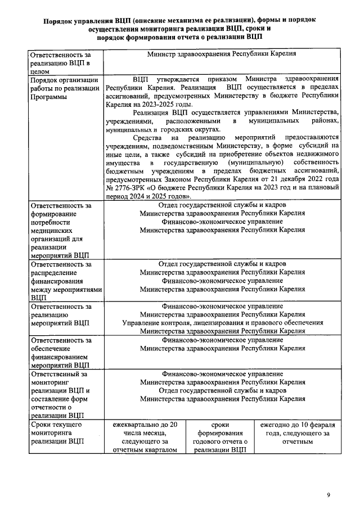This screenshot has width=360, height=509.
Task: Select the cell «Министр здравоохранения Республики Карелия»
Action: tap(222, 55)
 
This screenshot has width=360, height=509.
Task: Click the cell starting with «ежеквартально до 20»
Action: tap(145, 437)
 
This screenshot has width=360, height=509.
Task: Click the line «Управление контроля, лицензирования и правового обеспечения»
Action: tap(222, 323)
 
